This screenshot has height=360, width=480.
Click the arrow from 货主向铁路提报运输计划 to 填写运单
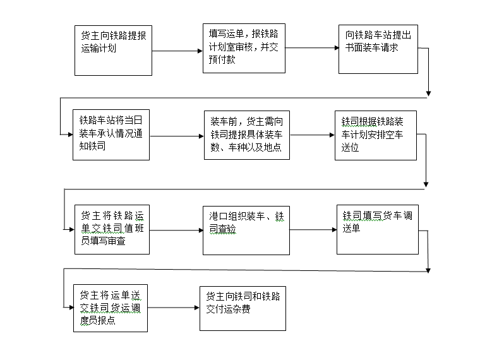click(x=177, y=51)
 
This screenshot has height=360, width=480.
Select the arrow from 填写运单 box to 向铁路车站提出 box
click(x=312, y=48)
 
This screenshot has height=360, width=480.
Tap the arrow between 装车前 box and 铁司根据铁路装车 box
click(x=312, y=135)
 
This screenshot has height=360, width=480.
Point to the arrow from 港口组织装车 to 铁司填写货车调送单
click(x=313, y=230)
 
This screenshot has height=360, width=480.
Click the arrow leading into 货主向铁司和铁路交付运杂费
click(x=174, y=308)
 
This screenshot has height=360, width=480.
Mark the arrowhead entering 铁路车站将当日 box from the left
click(x=70, y=135)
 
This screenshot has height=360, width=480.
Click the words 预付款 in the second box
click(x=222, y=59)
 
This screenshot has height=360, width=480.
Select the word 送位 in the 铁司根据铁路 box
click(x=350, y=148)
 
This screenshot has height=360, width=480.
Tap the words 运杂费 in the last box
click(x=237, y=309)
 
